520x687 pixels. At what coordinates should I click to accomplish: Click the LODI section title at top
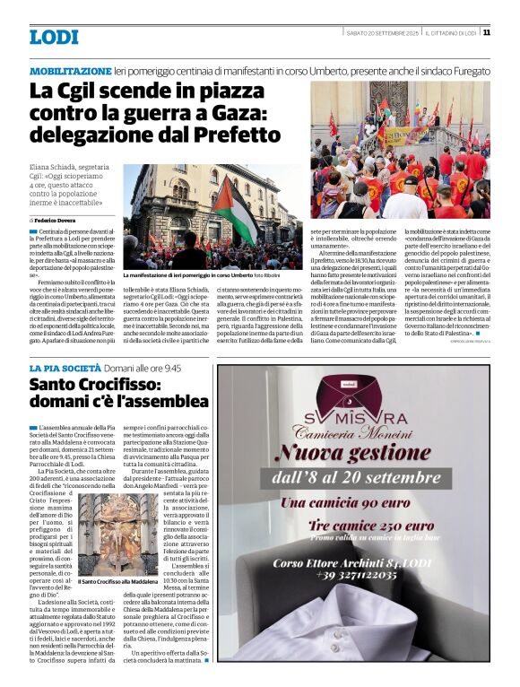54,38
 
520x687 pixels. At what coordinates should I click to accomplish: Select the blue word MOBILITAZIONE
70,70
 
